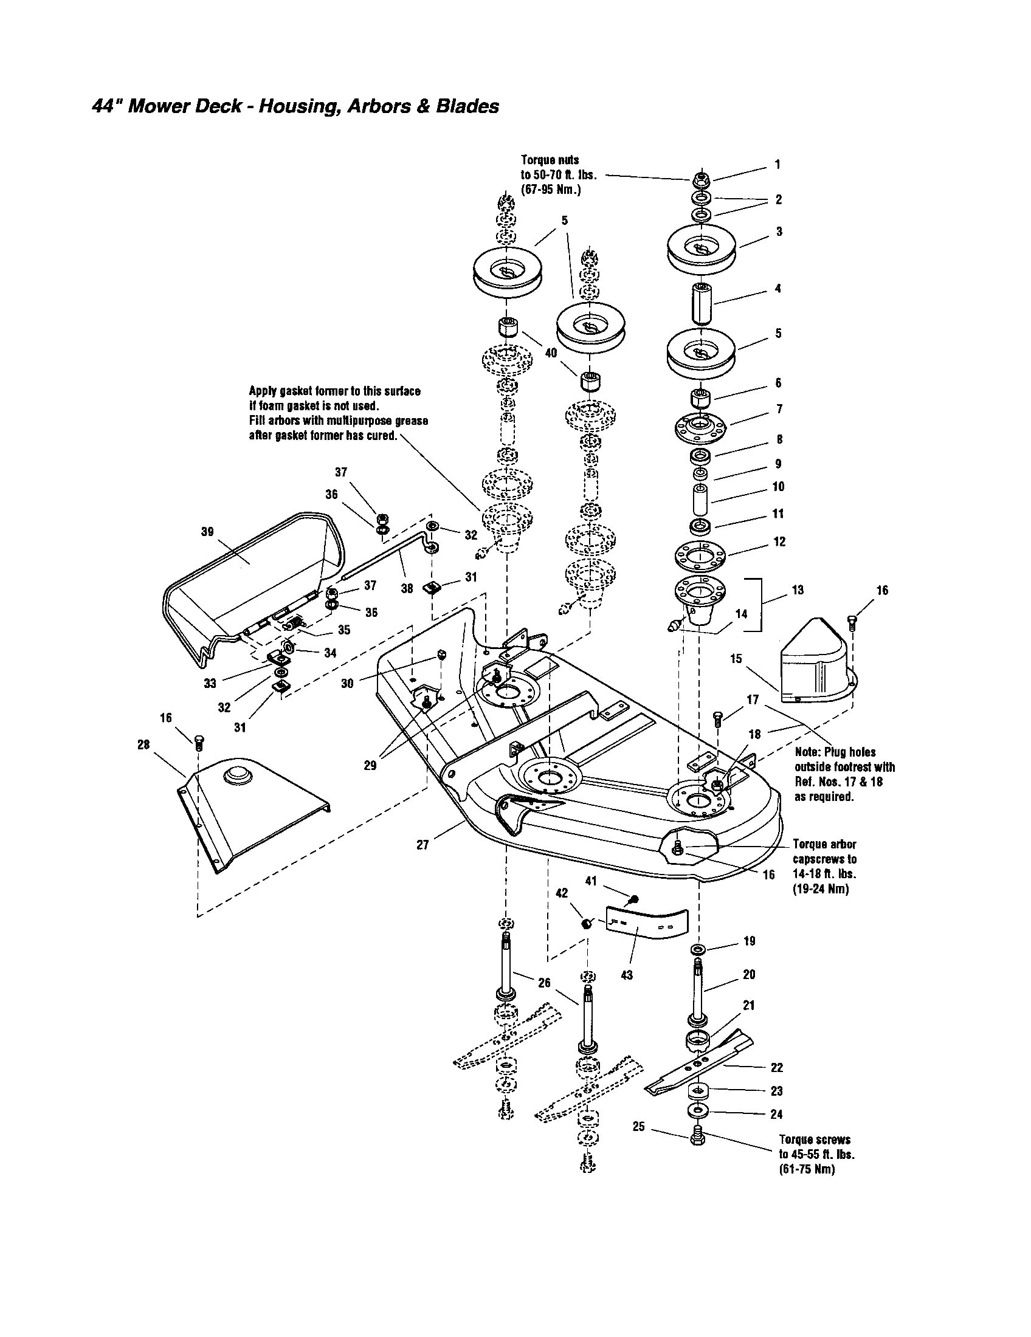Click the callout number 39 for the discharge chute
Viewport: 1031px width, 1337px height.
(207, 531)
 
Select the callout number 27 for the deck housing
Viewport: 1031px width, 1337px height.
(422, 845)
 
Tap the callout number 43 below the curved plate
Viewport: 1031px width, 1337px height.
(626, 975)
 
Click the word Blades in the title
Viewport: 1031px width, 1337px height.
(469, 106)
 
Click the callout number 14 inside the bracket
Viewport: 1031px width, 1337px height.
(741, 613)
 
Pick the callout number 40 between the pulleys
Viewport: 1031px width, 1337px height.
(551, 353)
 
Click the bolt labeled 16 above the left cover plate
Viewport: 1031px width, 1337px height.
(198, 743)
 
